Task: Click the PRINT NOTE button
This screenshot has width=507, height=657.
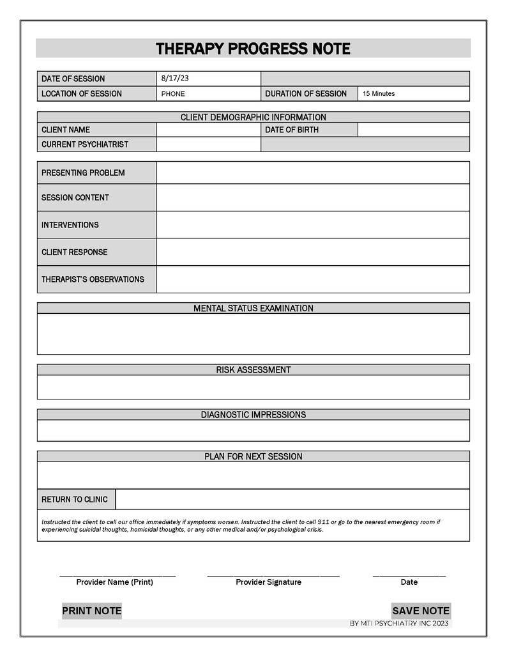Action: pos(91,611)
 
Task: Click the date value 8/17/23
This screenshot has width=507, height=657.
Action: pos(175,79)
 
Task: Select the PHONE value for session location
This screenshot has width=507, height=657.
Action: pos(173,94)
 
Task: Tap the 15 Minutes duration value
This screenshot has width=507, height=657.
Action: pos(379,94)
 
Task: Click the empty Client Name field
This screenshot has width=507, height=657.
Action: pos(208,130)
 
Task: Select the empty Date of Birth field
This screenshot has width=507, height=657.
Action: pos(413,130)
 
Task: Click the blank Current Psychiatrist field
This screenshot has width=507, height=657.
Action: pos(208,144)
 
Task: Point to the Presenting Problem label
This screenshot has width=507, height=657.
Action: pos(83,173)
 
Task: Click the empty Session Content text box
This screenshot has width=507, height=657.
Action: pos(312,197)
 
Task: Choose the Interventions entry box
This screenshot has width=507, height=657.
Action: pos(312,225)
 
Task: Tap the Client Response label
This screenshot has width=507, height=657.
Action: pos(74,252)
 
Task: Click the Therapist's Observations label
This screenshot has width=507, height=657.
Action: pos(93,279)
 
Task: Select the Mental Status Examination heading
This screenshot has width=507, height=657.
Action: pos(253,308)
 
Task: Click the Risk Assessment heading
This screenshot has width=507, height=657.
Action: pos(253,370)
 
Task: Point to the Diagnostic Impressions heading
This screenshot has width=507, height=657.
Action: pos(253,415)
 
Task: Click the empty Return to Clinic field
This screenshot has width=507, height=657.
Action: pos(292,499)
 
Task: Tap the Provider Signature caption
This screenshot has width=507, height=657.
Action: pos(268,582)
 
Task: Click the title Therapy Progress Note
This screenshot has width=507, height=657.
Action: pos(253,49)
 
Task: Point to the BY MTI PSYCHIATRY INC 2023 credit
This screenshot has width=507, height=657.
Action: pos(399,624)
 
